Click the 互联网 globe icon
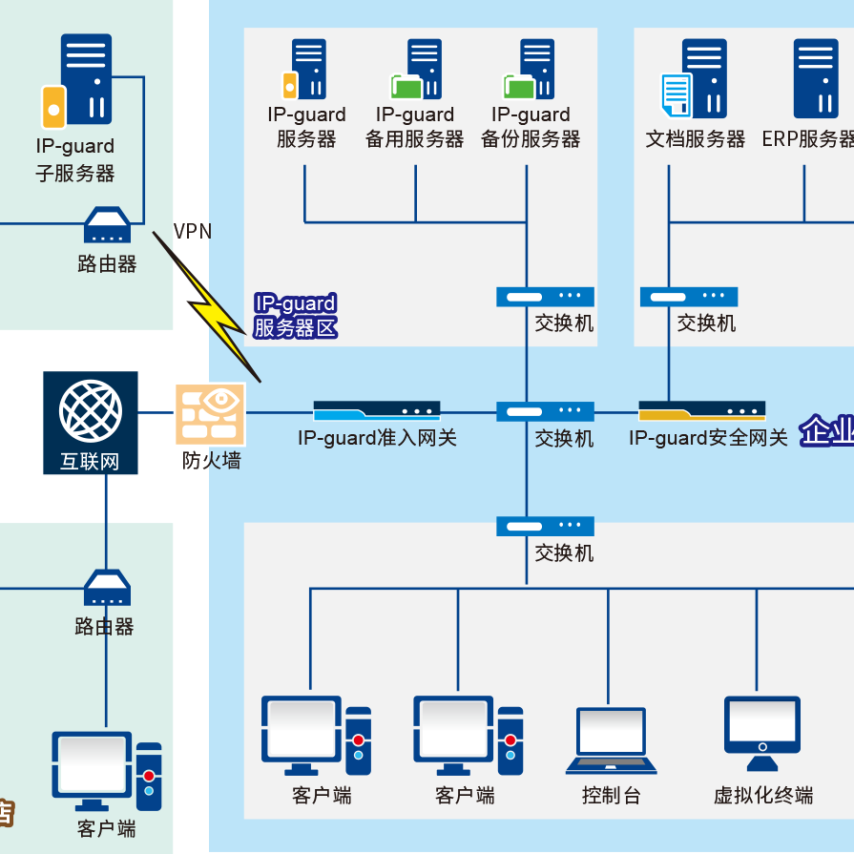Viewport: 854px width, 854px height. [x=91, y=410]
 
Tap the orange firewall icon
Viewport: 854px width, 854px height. [x=209, y=414]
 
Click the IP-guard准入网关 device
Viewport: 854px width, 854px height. [x=377, y=411]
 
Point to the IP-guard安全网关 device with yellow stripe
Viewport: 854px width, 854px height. [x=702, y=411]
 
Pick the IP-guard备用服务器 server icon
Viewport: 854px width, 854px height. [x=417, y=69]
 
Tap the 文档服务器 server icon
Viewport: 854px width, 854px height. [x=695, y=80]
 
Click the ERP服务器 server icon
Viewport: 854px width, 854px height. [x=816, y=78]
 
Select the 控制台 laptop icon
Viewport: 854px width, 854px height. [x=611, y=740]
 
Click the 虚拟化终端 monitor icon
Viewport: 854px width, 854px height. [x=761, y=733]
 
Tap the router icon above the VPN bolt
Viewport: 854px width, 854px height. [x=107, y=226]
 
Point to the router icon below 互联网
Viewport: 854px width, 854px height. [x=106, y=588]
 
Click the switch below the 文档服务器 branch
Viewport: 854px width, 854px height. [x=689, y=297]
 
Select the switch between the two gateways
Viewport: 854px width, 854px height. [x=545, y=411]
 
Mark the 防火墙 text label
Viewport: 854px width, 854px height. [x=212, y=461]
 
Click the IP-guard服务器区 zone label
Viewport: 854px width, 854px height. [x=295, y=317]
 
